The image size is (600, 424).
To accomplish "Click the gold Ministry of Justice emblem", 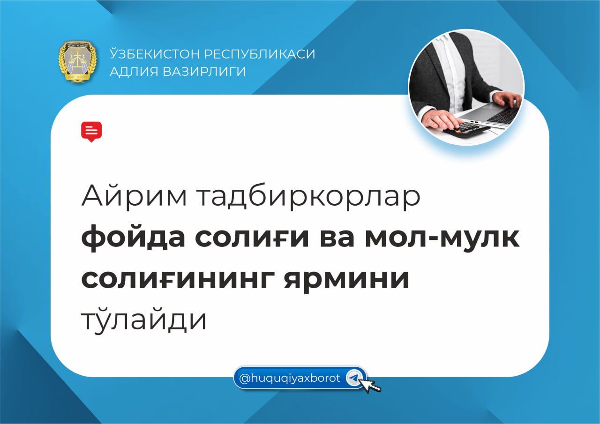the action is pyautogui.click(x=78, y=61).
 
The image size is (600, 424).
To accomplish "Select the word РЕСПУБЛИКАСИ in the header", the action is pyautogui.click(x=260, y=54).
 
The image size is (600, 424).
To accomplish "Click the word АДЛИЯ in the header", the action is pyautogui.click(x=134, y=72).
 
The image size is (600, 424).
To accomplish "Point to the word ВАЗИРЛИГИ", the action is pyautogui.click(x=204, y=72).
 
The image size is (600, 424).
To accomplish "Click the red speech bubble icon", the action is pyautogui.click(x=91, y=132).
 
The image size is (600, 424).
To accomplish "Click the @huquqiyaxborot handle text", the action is pyautogui.click(x=289, y=379).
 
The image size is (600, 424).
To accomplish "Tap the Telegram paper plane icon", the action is pyautogui.click(x=354, y=378).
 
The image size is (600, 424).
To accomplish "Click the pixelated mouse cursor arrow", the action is pyautogui.click(x=370, y=386).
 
